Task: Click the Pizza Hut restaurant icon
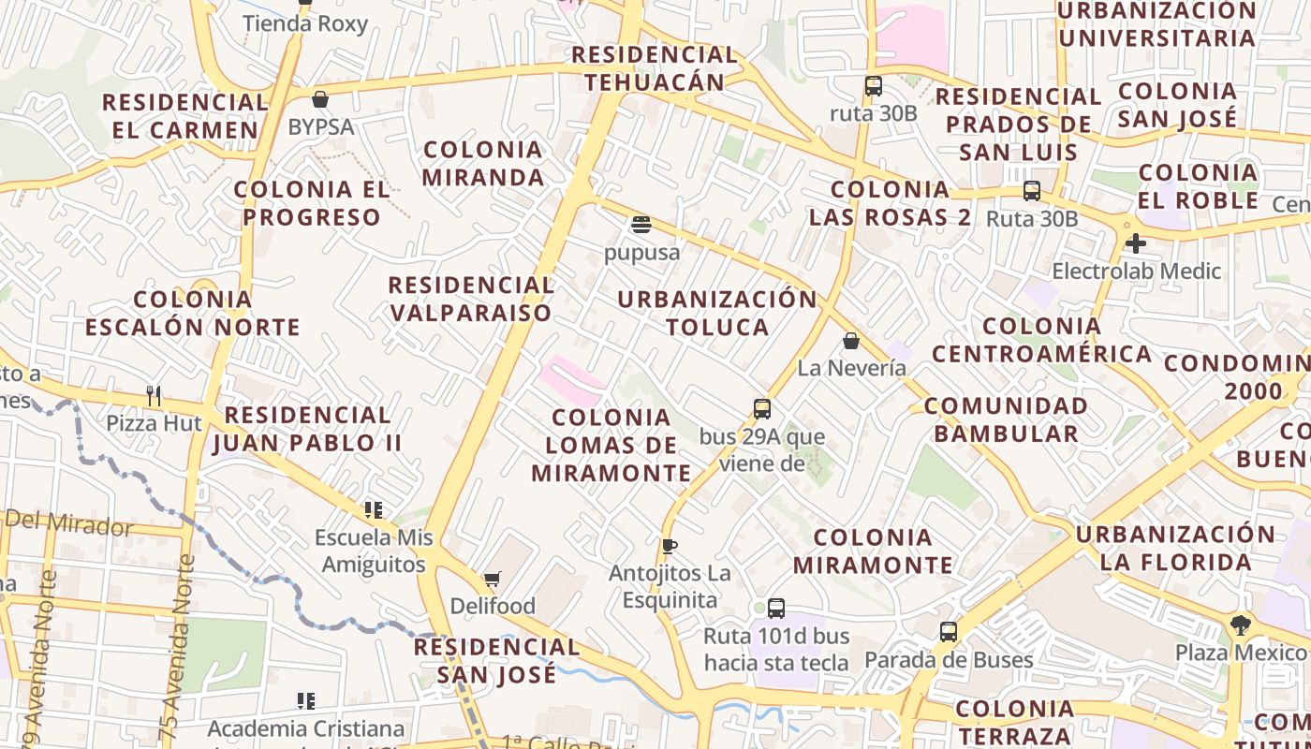point(154,396)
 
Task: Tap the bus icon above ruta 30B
point(874,86)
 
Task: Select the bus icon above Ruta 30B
point(1032,191)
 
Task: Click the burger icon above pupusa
point(641,225)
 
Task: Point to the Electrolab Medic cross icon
point(1136,243)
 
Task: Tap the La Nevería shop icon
point(851,341)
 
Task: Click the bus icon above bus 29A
point(762,409)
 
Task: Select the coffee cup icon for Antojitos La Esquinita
point(669,546)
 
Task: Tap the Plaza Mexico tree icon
point(1241,624)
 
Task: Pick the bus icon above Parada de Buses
point(949,632)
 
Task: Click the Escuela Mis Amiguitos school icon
point(374,510)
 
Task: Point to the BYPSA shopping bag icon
point(320,99)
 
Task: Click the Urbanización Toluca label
point(717,313)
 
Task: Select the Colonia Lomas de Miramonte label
point(611,445)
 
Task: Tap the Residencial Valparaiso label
point(471,299)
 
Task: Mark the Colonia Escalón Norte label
point(192,314)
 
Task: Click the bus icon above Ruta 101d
point(776,609)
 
